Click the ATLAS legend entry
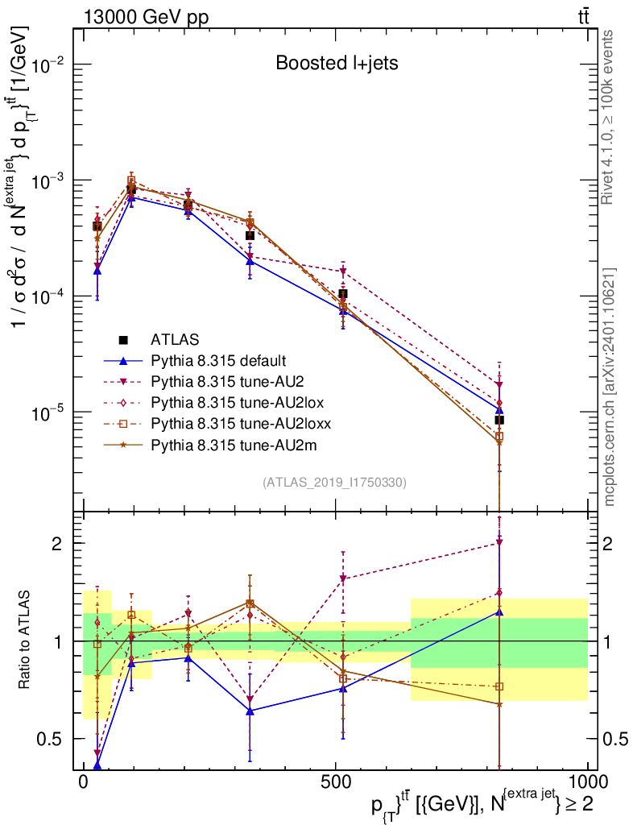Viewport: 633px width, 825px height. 172,339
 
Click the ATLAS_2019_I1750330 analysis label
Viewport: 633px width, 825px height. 334,483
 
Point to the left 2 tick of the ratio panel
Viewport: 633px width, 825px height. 56,543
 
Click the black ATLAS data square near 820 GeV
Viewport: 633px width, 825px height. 499,420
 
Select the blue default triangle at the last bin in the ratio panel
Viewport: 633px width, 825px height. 499,611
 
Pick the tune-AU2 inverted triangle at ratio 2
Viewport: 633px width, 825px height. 499,543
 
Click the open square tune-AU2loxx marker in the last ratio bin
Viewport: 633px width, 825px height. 499,686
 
